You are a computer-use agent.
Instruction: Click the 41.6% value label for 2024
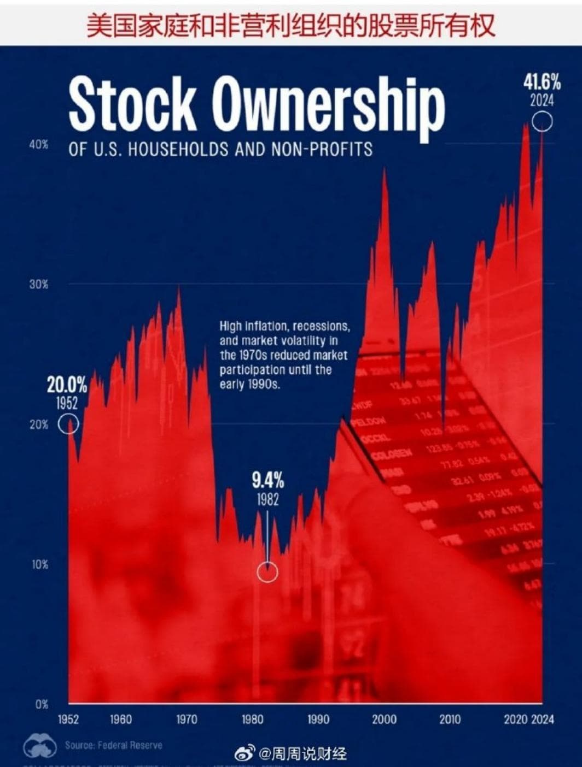coord(542,82)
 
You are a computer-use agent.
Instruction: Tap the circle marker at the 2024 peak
coord(542,121)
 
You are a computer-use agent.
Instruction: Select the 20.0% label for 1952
coord(67,385)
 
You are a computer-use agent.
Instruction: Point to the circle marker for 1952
coord(68,424)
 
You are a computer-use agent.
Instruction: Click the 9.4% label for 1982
coord(267,481)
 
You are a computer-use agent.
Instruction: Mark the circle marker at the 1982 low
coord(267,572)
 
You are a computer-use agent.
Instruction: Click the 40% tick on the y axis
coord(38,145)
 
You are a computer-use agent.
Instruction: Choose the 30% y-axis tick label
coord(38,285)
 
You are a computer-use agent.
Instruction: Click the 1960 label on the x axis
coord(120,719)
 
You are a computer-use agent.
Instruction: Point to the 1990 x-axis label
coord(318,719)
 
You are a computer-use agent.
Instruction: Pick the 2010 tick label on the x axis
coord(450,719)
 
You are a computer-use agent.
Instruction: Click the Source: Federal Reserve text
coord(113,745)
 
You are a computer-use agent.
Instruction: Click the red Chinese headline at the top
coord(290,25)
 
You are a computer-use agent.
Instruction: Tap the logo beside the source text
coord(40,747)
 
